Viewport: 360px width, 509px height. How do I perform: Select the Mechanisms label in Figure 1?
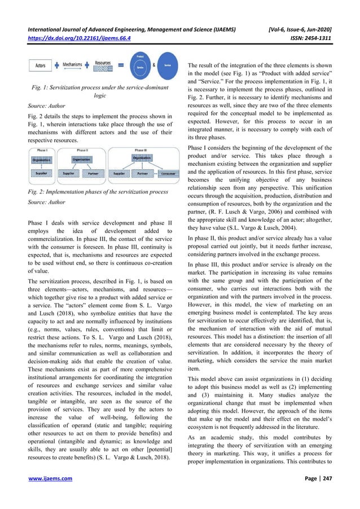74,65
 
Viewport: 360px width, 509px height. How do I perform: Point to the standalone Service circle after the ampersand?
164,65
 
